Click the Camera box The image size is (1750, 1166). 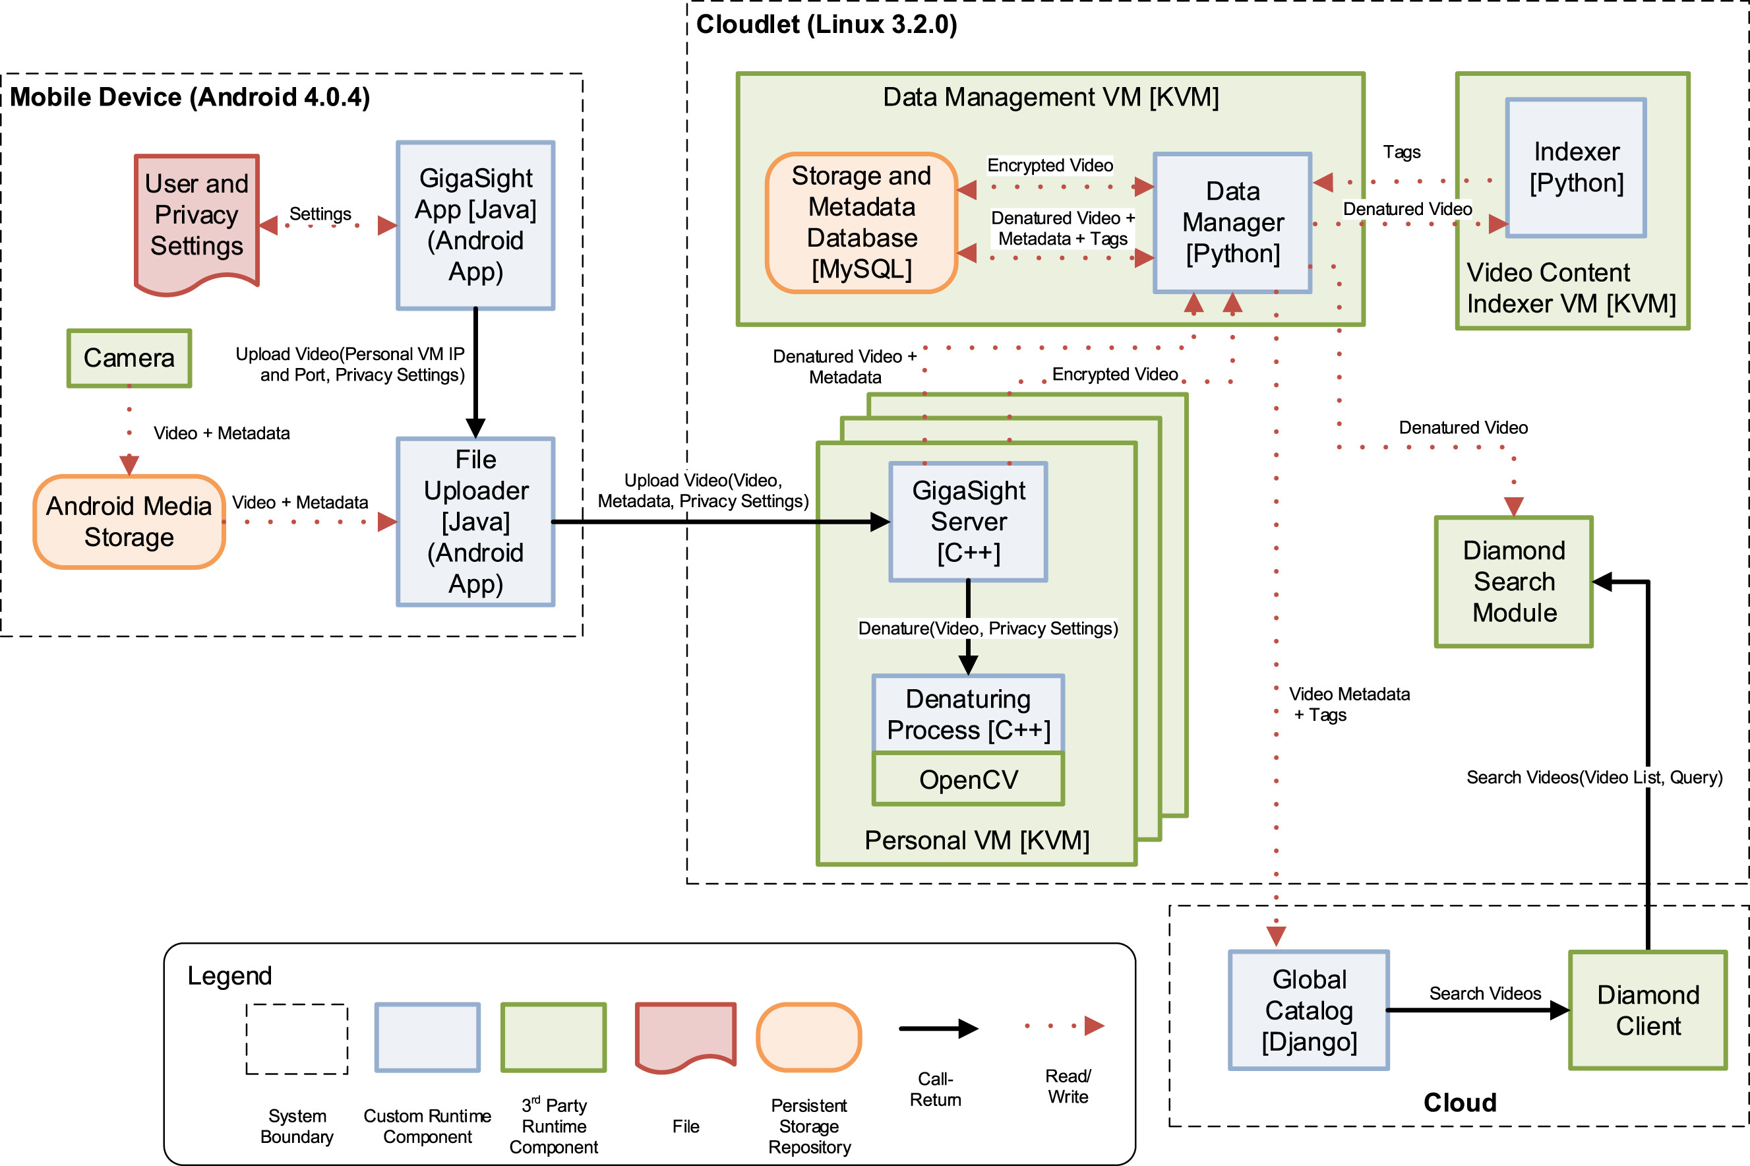(x=129, y=357)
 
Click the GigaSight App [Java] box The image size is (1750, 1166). (x=476, y=225)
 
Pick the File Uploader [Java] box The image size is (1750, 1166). (x=476, y=521)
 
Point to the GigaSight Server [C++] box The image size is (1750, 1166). (x=968, y=521)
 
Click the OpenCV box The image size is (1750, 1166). (x=968, y=780)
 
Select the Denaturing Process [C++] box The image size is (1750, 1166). (x=968, y=714)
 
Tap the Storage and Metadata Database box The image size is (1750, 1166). (x=862, y=222)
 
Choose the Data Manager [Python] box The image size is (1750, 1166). (x=1232, y=222)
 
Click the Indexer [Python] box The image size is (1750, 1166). (x=1576, y=168)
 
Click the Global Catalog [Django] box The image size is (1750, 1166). (x=1308, y=1010)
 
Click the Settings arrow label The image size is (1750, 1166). (x=320, y=214)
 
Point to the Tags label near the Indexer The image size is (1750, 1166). (x=1401, y=152)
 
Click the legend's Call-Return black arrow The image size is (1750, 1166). (x=938, y=1028)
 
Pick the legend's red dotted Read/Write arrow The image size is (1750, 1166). (x=1064, y=1026)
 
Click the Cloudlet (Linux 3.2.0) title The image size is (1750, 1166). (x=826, y=24)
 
